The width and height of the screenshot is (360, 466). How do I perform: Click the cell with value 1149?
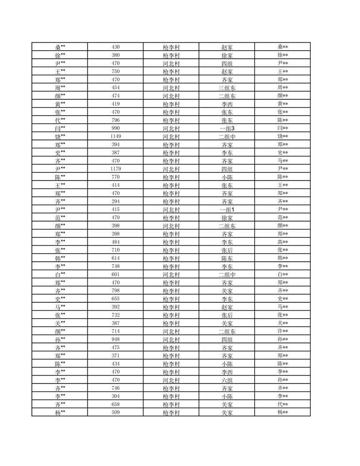116,136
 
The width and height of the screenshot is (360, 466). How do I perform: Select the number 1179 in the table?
116,169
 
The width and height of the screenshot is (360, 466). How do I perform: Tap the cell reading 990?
116,128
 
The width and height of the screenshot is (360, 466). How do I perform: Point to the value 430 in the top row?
116,47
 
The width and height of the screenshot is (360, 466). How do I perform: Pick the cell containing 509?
116,413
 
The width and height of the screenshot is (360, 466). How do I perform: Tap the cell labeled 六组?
227,380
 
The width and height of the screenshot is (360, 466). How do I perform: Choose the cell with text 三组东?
227,87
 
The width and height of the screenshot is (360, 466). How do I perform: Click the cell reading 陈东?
227,258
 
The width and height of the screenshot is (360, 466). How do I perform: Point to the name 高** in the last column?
282,242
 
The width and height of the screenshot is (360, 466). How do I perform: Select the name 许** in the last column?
282,331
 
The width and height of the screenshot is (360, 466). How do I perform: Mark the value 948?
116,339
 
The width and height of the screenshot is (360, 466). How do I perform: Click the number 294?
116,201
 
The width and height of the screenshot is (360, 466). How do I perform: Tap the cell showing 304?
116,396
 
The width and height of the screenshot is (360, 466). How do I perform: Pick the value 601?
116,274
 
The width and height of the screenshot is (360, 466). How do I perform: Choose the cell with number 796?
116,120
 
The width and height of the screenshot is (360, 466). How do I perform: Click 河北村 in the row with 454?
171,87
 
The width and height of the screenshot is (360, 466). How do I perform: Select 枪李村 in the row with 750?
171,71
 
